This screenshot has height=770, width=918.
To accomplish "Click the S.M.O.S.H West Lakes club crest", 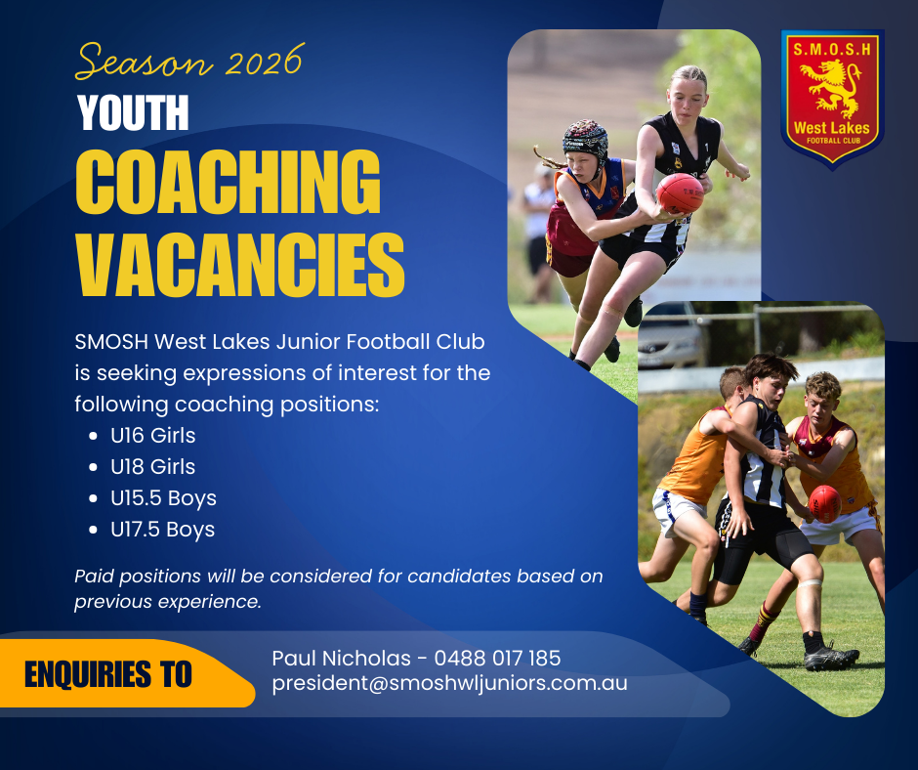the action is coord(832,100).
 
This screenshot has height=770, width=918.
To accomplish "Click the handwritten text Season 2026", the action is coord(189,61).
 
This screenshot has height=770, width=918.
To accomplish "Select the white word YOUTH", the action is coord(134,112).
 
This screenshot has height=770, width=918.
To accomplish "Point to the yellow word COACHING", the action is coord(229,183).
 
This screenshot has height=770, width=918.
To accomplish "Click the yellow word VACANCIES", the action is coord(240,264).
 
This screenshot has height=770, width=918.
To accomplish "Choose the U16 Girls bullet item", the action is coord(152,436).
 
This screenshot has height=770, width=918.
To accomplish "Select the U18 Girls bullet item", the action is coord(152,466).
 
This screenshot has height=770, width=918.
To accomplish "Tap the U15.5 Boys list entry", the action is coord(163,498).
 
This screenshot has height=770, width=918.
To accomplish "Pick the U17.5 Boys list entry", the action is coord(163,530).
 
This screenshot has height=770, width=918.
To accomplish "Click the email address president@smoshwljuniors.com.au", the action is coord(449,683).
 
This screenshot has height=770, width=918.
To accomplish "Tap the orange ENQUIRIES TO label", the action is coord(108,674).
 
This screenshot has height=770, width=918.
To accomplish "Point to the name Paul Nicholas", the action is coord(342,658).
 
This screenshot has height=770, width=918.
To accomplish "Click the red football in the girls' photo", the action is coord(679,192).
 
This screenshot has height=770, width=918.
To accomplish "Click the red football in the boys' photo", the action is coord(824,504).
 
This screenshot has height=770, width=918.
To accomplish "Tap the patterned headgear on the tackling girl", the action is coord(585,141).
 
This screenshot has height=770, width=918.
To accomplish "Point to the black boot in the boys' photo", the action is coord(831,657).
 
